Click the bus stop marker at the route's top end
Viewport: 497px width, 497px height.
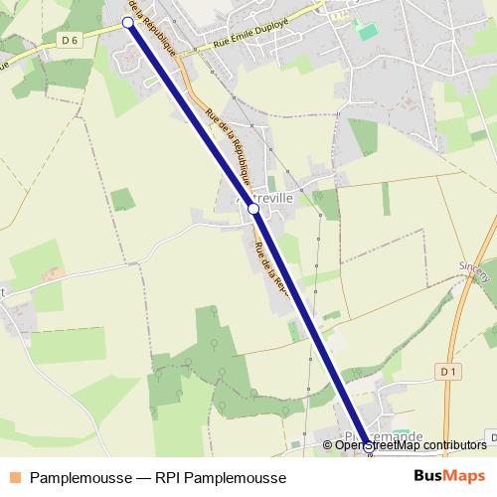tap(127, 21)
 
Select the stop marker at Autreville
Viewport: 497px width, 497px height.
tap(253, 209)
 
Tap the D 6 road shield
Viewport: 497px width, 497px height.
tap(68, 40)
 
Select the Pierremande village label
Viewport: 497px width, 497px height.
tap(383, 437)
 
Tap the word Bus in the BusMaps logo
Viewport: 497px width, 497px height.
tap(429, 477)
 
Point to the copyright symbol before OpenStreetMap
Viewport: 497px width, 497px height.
tap(329, 445)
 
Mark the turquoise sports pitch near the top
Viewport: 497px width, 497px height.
tap(368, 32)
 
